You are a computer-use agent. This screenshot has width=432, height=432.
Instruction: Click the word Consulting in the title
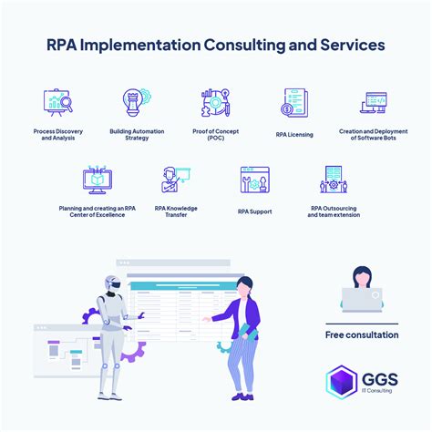click(x=244, y=45)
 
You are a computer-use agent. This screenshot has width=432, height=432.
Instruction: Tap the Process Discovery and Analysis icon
click(x=58, y=102)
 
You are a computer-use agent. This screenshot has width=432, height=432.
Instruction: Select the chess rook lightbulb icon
click(x=137, y=102)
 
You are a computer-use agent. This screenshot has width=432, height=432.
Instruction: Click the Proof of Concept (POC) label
click(x=215, y=135)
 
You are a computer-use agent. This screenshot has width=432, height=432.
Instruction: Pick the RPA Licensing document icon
click(x=294, y=103)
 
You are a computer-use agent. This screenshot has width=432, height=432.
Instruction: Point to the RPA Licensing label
click(x=294, y=135)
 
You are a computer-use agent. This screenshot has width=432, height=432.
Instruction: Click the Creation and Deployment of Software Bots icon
click(x=374, y=103)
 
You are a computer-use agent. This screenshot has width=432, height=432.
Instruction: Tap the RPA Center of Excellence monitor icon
click(x=98, y=180)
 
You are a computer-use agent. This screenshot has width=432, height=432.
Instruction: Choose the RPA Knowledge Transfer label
click(x=176, y=211)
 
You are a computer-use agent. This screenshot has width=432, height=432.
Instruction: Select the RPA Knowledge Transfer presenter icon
click(x=176, y=180)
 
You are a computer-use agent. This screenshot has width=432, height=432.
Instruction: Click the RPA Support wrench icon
click(x=255, y=180)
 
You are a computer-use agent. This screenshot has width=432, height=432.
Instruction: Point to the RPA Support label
click(x=255, y=211)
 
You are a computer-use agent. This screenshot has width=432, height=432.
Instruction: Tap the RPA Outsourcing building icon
click(x=334, y=180)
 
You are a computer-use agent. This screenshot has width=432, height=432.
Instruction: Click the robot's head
click(x=113, y=283)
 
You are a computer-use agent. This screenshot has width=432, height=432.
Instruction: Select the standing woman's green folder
click(x=249, y=331)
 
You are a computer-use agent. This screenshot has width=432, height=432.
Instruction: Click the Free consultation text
click(x=362, y=334)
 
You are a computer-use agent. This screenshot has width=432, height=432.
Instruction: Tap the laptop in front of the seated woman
click(x=362, y=300)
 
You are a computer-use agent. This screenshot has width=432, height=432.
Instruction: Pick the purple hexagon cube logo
click(x=342, y=382)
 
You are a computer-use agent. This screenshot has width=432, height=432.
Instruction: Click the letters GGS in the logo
click(x=380, y=379)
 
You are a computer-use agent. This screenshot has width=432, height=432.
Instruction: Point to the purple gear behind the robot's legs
click(x=133, y=352)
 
